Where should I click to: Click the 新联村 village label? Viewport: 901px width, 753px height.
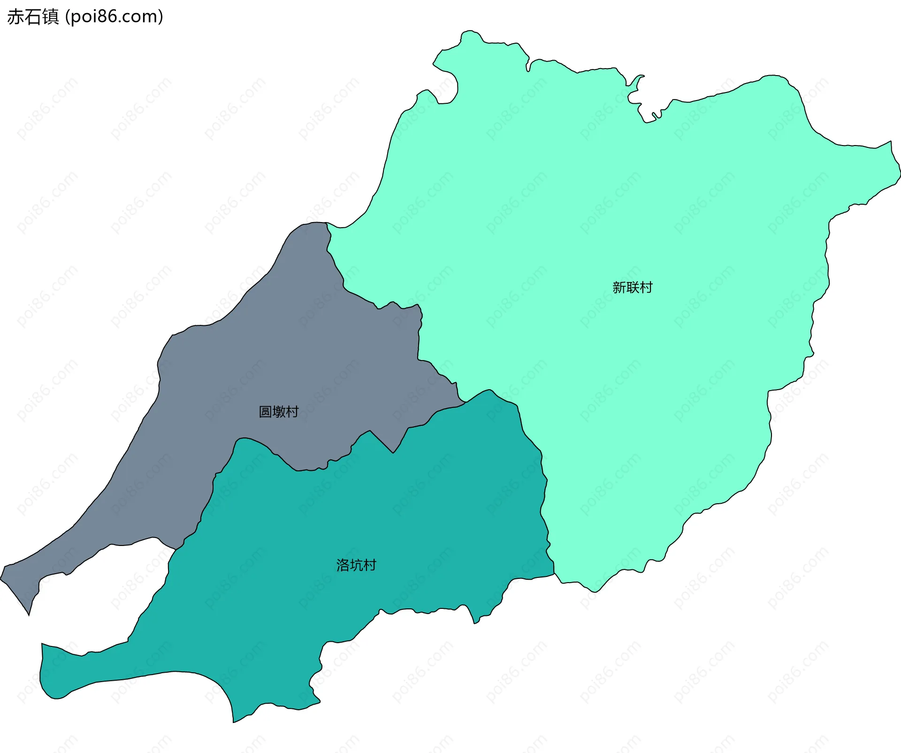click(x=632, y=287)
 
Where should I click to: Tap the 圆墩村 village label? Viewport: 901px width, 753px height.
click(x=279, y=412)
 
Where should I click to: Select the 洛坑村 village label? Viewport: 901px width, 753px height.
click(x=356, y=565)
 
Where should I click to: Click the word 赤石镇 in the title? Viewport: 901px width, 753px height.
click(x=33, y=17)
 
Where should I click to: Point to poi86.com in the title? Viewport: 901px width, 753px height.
click(x=114, y=17)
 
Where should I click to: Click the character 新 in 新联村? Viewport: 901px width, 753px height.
click(x=619, y=287)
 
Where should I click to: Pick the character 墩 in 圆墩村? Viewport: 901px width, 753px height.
click(x=279, y=412)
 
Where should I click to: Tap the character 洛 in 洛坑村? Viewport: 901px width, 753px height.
click(x=343, y=565)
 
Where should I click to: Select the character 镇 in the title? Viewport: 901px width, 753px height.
click(x=51, y=17)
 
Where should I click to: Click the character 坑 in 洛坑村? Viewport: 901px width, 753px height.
click(x=356, y=565)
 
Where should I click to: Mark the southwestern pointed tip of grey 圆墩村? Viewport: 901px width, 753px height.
click(x=29, y=614)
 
